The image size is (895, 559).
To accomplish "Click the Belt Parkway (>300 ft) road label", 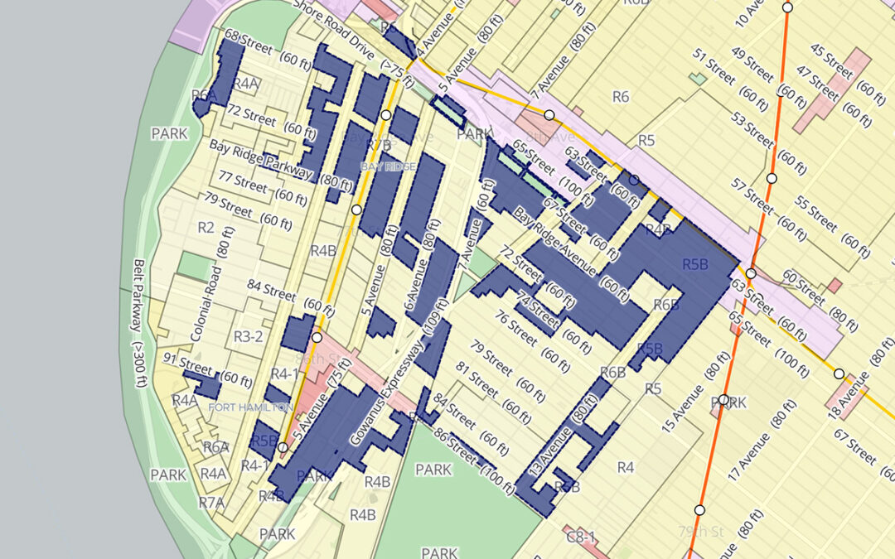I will point(143,325).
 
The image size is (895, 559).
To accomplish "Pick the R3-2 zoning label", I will point(248,336).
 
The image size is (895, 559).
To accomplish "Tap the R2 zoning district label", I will point(206,227).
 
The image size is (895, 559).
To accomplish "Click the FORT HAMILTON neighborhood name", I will point(249,407).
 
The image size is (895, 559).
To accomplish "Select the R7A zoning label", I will point(211,502).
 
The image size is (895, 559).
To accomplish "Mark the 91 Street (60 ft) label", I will point(207,368).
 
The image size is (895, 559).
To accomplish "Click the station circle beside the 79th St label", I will point(700,510).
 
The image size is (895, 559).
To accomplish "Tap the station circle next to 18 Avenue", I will point(839,373).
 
